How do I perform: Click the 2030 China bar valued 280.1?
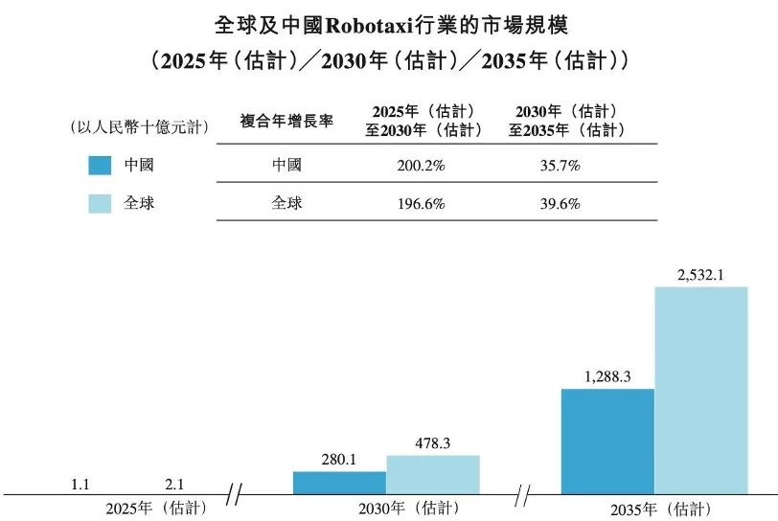pos(339,483)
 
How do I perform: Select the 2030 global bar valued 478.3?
pos(433,475)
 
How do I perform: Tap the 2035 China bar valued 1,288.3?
pos(607,442)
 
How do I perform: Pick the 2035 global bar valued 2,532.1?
pos(700,391)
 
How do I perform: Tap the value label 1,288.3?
pos(606,377)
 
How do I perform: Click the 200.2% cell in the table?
pos(421,165)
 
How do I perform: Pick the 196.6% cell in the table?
pos(421,203)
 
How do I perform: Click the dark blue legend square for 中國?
pos(102,165)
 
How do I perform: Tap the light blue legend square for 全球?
pos(102,203)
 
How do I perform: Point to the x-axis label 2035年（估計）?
pos(654,508)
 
